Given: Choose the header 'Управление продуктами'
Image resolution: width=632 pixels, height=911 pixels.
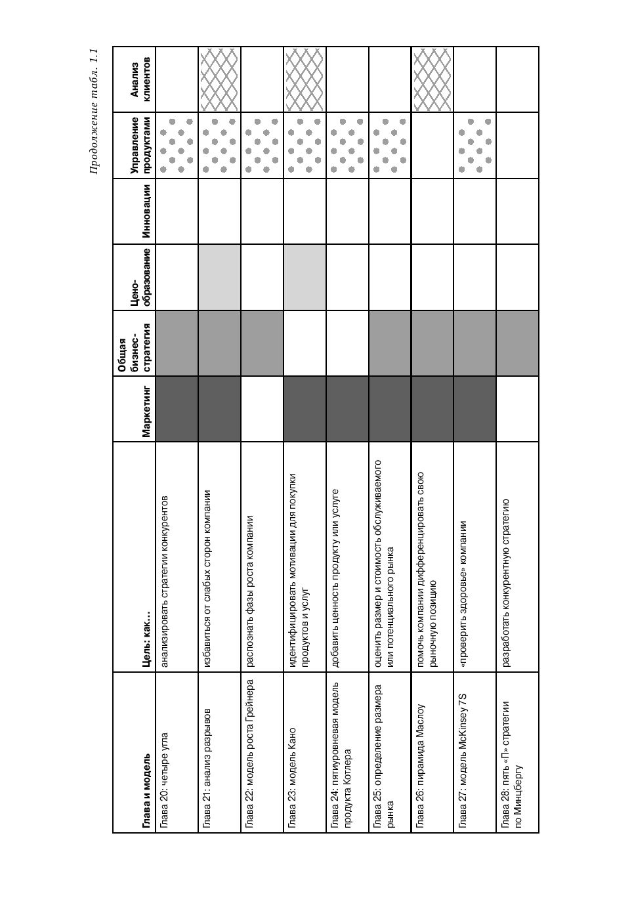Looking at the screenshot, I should (x=140, y=145).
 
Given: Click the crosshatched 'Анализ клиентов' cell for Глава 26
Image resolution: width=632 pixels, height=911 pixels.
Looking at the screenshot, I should (x=432, y=79).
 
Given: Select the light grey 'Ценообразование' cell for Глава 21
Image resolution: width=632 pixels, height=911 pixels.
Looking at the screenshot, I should (x=219, y=277).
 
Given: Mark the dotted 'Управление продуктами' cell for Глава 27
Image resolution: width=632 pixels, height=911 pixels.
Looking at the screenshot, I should (x=474, y=145).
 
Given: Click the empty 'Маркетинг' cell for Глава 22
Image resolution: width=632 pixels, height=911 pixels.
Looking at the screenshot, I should (x=262, y=409).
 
